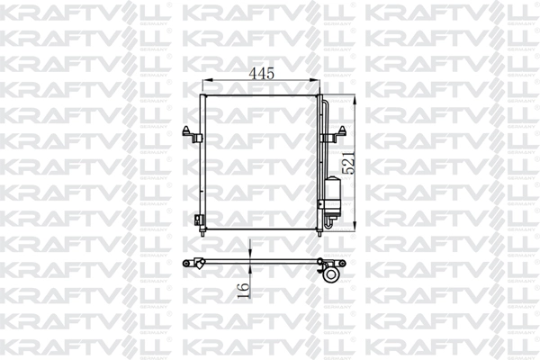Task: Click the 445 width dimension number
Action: tap(262, 72)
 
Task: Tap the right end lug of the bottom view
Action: tap(341, 263)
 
